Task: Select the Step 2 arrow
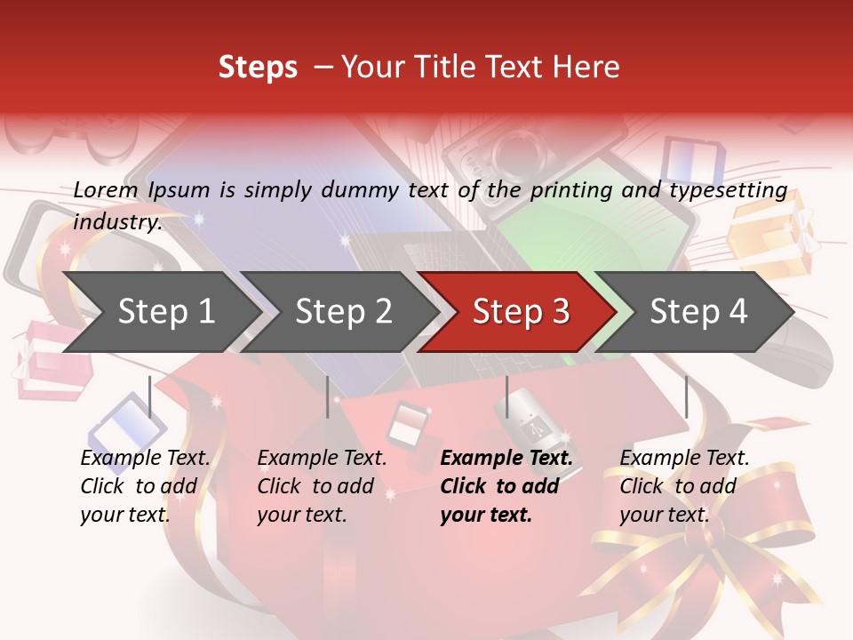click(x=342, y=312)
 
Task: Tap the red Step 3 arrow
click(x=520, y=312)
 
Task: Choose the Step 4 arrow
click(x=698, y=312)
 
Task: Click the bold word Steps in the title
click(x=258, y=68)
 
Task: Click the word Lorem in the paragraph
click(x=105, y=189)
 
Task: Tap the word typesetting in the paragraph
click(x=728, y=189)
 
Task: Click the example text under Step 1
click(x=145, y=486)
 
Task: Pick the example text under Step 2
click(x=322, y=486)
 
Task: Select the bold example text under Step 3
click(x=506, y=486)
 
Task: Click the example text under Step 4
click(x=684, y=486)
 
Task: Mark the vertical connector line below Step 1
click(x=150, y=396)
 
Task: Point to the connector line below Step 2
click(x=328, y=396)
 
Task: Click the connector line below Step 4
click(x=686, y=396)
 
